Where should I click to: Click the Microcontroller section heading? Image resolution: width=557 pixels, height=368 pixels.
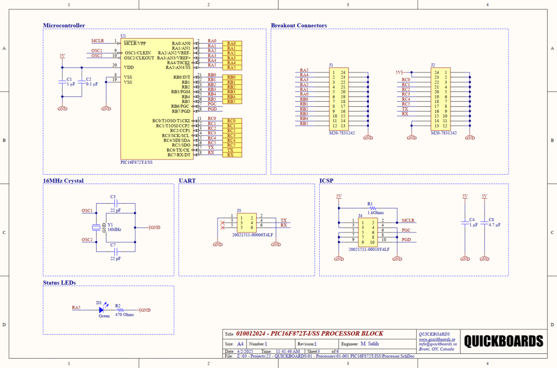(64, 26)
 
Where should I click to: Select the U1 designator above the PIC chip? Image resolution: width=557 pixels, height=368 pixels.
(123, 37)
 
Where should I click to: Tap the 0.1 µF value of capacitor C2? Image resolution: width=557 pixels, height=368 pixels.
(91, 84)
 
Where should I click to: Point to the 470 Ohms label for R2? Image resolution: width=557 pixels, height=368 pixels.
(124, 315)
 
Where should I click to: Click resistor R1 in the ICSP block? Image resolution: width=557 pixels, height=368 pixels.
(372, 207)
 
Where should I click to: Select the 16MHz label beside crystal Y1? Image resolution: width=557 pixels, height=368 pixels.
(114, 230)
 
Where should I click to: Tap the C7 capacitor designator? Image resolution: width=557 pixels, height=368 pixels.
(113, 246)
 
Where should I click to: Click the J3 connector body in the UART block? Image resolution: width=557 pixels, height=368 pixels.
(247, 221)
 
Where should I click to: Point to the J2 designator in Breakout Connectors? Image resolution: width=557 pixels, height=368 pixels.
(433, 65)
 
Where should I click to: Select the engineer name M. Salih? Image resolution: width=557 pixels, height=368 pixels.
(369, 344)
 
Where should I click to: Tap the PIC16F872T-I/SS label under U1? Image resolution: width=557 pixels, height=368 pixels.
(137, 162)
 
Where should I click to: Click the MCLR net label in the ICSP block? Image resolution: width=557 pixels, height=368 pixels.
(409, 220)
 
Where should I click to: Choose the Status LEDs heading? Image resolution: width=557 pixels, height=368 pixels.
(63, 283)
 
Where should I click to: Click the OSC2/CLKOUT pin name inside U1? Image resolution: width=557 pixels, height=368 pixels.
(143, 58)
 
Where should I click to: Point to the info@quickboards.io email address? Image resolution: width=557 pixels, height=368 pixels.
(437, 344)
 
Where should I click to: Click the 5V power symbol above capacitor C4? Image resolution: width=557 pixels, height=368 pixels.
(465, 195)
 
